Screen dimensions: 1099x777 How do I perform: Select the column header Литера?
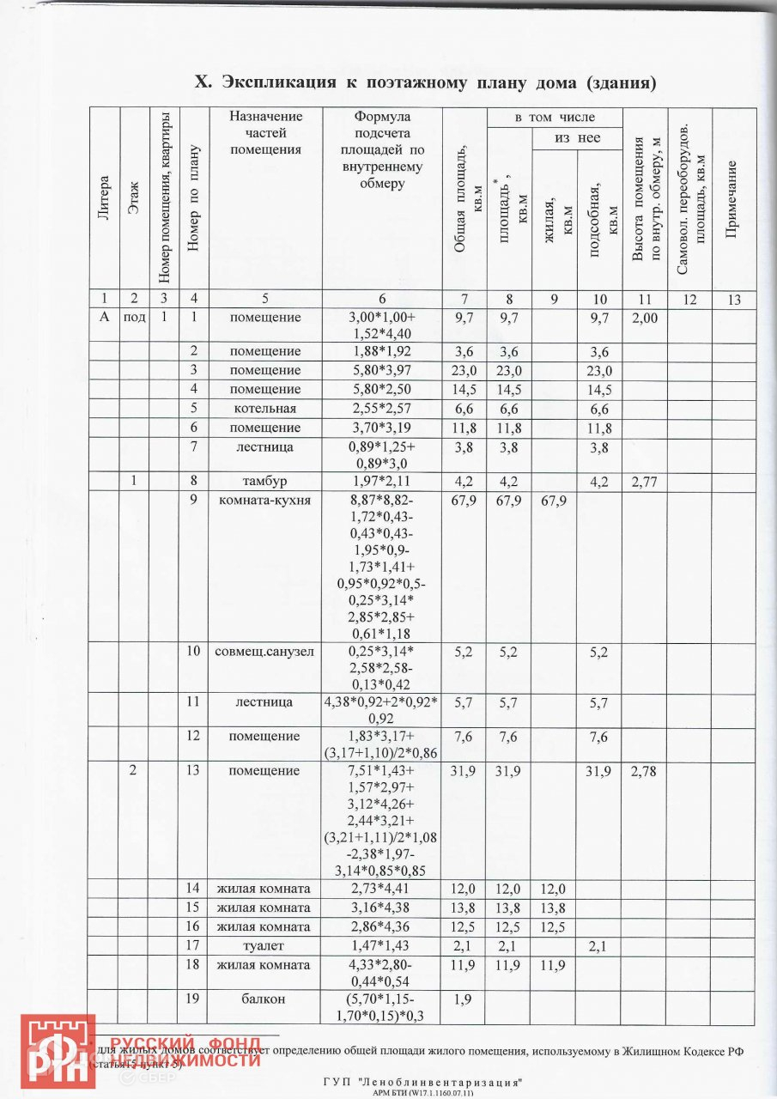click(x=104, y=198)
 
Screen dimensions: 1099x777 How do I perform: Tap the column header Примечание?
click(x=733, y=198)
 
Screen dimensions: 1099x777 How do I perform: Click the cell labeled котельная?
click(x=265, y=408)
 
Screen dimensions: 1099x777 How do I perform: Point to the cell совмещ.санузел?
click(x=265, y=652)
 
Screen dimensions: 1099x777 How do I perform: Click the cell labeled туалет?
click(x=265, y=945)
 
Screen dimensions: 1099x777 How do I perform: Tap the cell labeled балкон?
click(x=265, y=999)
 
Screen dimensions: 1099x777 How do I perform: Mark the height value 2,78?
click(x=644, y=771)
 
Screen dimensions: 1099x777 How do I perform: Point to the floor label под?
click(x=133, y=318)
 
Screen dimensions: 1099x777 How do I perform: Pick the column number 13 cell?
click(x=733, y=299)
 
